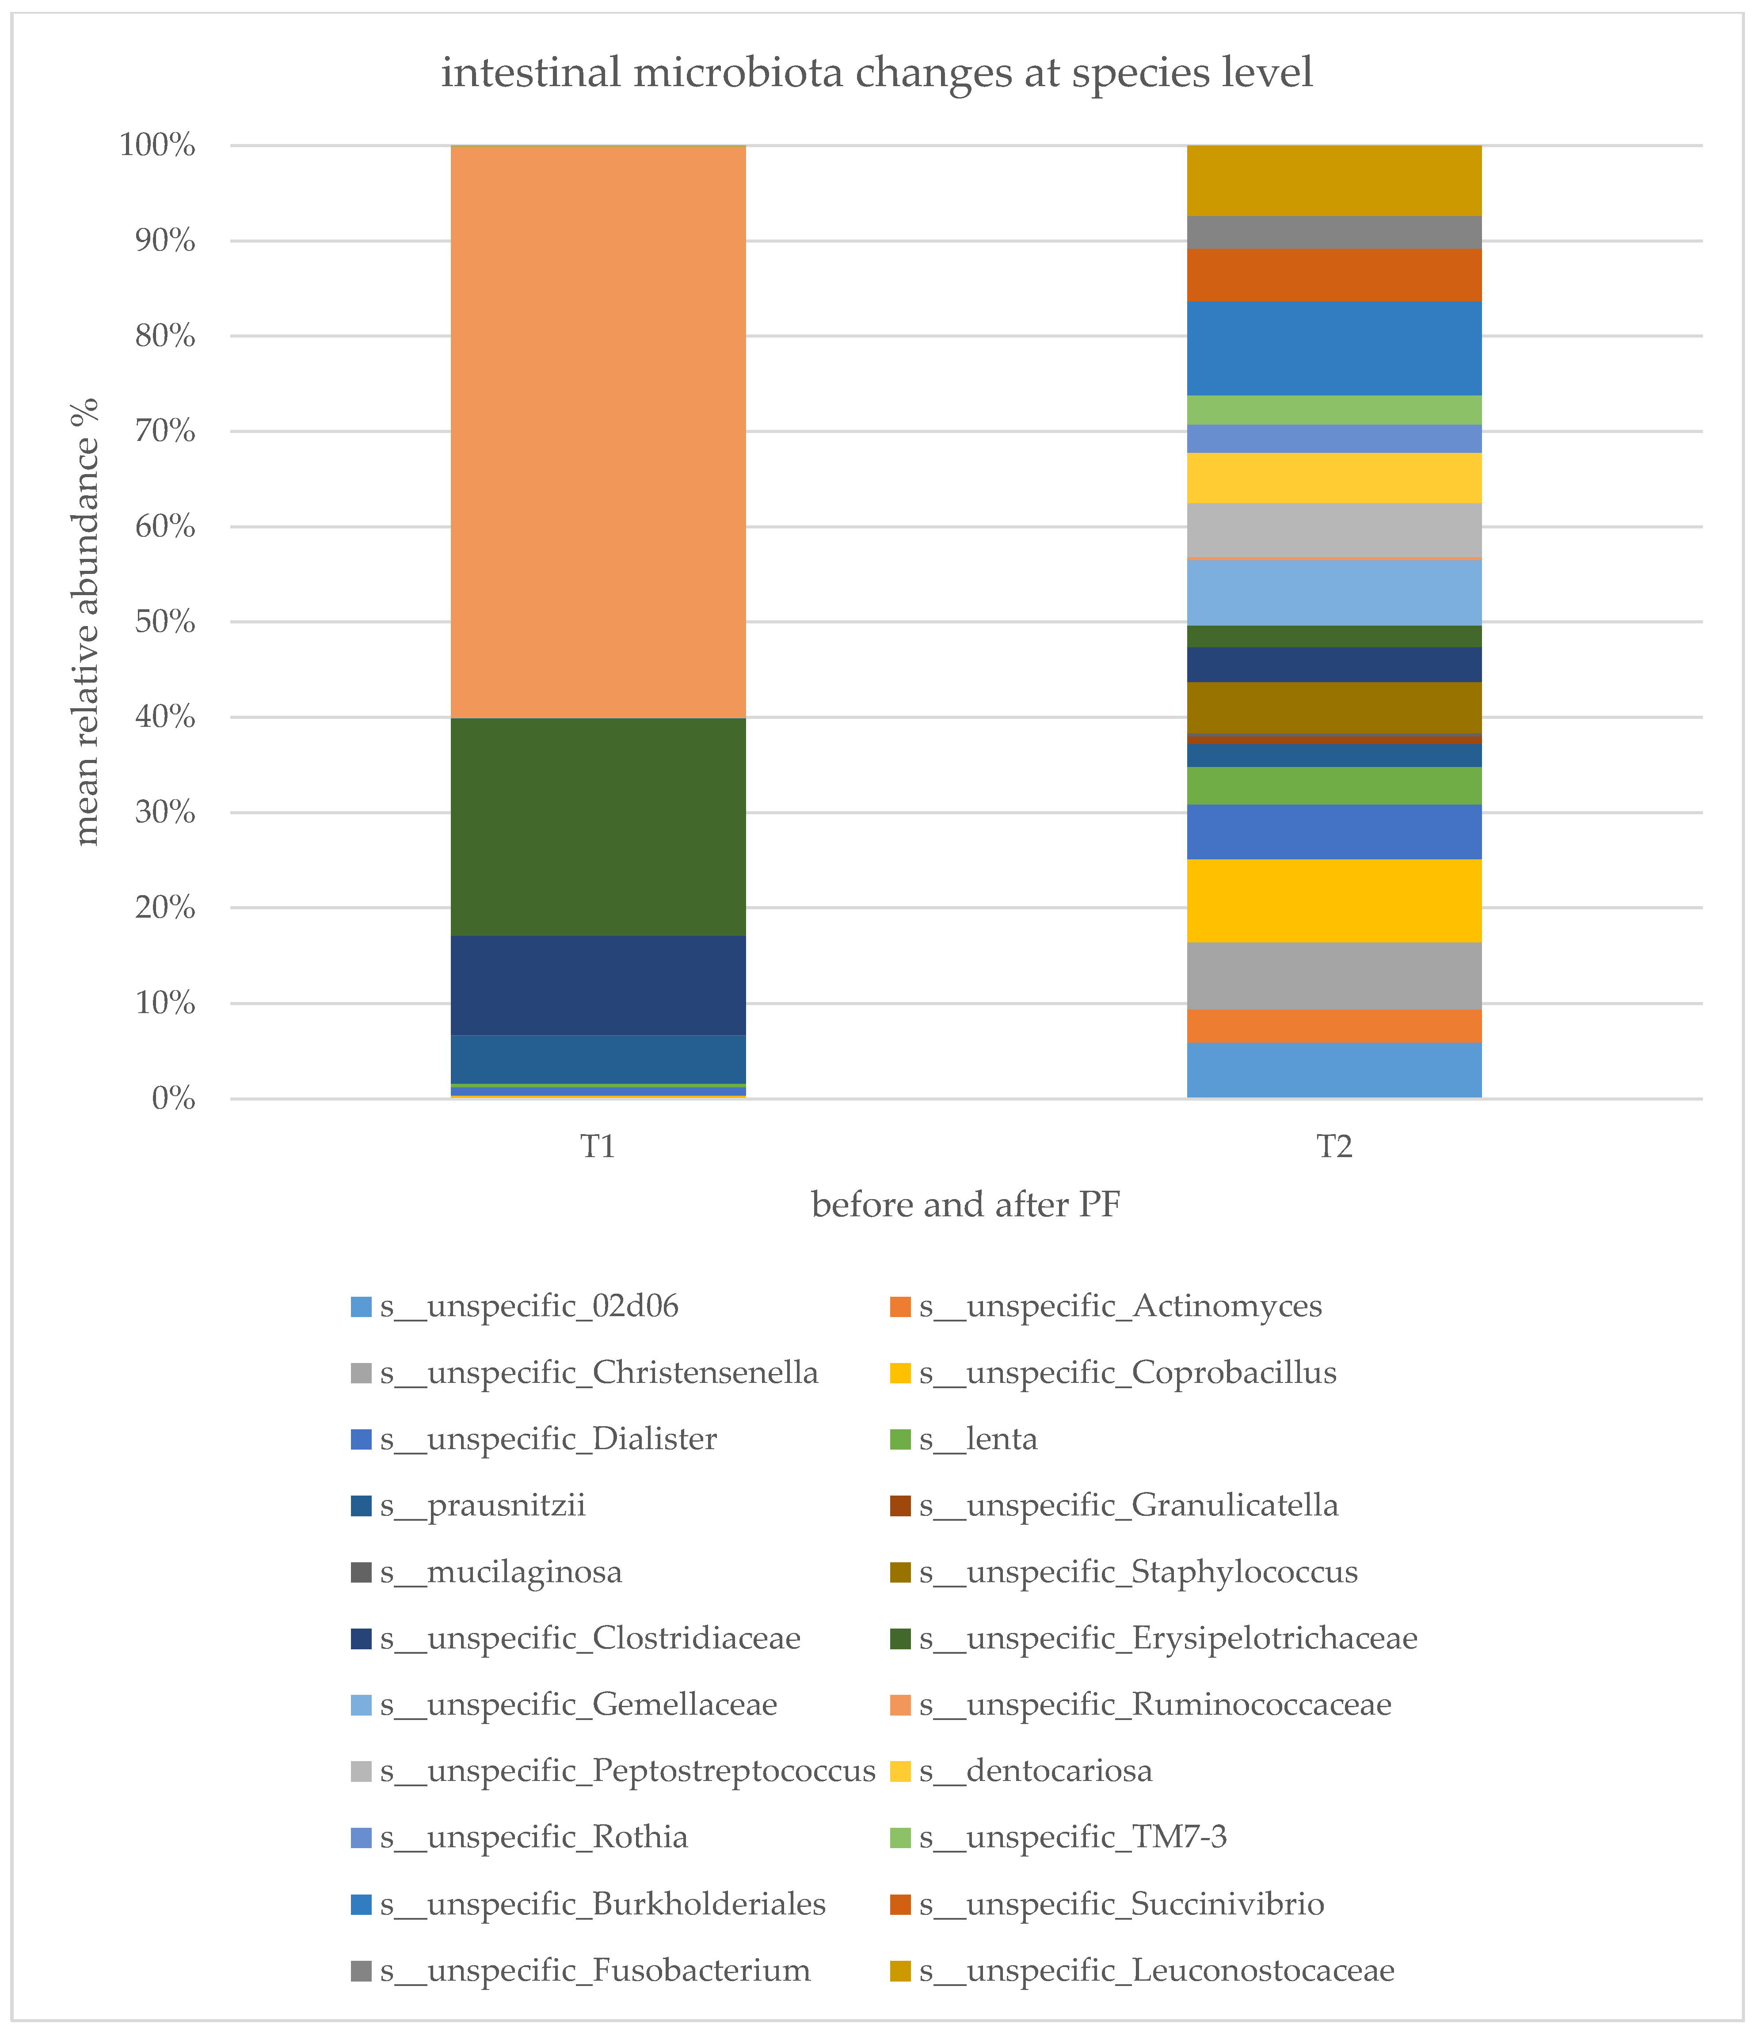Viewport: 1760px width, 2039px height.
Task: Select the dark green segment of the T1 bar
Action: (598, 827)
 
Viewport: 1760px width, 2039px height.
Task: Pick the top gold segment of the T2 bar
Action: (1334, 180)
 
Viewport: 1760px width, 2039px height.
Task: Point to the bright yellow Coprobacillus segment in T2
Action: (1334, 900)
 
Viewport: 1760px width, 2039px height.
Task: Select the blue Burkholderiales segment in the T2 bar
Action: (1334, 347)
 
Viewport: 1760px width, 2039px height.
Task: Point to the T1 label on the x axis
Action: (598, 1147)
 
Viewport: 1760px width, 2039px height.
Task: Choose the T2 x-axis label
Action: (1334, 1147)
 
